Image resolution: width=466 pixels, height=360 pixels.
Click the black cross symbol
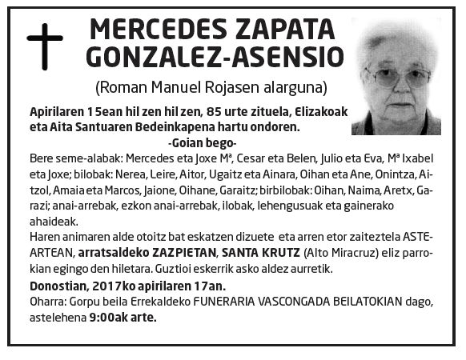[x=45, y=47]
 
